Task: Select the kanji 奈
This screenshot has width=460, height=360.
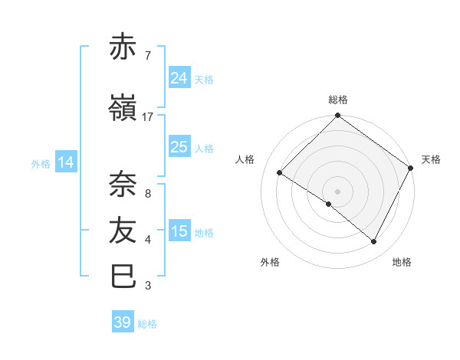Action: click(x=124, y=184)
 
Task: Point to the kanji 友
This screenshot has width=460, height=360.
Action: click(x=124, y=229)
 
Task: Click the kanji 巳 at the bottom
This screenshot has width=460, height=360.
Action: click(x=124, y=276)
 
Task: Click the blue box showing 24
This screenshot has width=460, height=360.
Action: click(x=179, y=77)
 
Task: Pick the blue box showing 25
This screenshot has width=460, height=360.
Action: click(x=179, y=147)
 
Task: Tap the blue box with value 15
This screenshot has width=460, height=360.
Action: click(x=179, y=231)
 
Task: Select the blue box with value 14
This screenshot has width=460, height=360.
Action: click(x=66, y=162)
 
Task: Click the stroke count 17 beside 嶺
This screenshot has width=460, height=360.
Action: click(x=148, y=117)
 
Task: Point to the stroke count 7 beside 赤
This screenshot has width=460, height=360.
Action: click(x=147, y=55)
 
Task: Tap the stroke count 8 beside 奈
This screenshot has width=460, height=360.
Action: click(x=147, y=193)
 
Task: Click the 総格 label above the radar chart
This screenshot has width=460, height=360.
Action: click(x=337, y=100)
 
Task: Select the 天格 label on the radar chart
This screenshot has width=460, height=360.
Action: click(x=431, y=159)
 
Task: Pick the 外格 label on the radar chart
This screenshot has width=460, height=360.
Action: click(x=270, y=262)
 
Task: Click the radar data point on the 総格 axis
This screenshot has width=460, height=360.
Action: click(x=337, y=116)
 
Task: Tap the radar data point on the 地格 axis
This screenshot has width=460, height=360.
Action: click(x=374, y=242)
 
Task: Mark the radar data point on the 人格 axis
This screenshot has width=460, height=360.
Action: click(x=280, y=172)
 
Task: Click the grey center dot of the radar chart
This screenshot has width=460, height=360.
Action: click(x=337, y=191)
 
